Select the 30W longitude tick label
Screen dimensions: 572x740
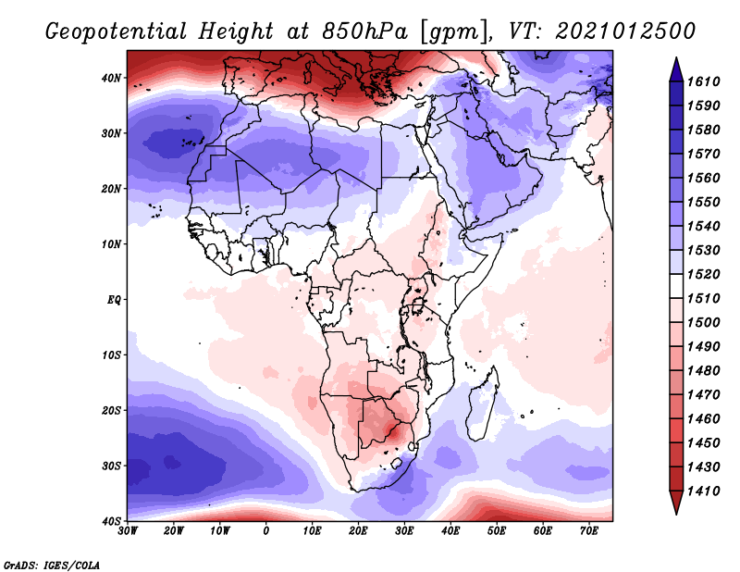(x=128, y=530)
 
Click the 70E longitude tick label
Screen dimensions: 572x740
(x=589, y=530)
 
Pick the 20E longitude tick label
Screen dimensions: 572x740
(x=359, y=530)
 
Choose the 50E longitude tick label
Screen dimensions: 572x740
(x=497, y=530)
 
